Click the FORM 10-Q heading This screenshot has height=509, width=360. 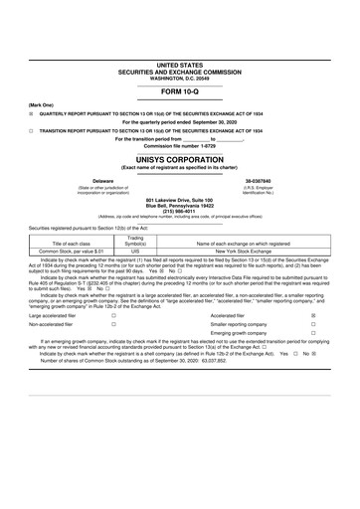tap(180, 91)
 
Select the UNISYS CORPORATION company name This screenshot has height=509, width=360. tap(180, 159)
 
